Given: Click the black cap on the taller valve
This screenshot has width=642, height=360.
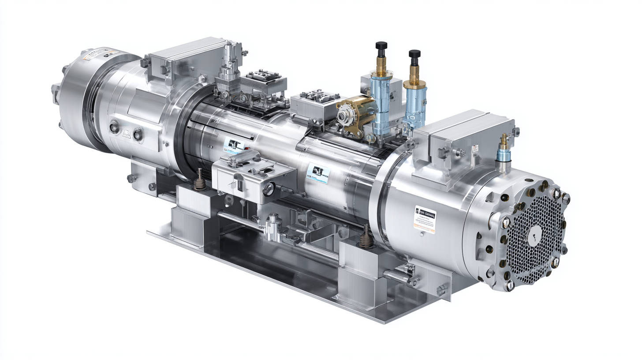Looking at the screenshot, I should tap(381, 45).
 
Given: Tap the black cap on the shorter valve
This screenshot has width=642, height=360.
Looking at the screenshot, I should tap(414, 54).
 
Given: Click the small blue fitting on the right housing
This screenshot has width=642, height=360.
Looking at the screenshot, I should tap(503, 154).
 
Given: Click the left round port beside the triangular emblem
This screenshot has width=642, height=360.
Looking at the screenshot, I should tap(114, 128).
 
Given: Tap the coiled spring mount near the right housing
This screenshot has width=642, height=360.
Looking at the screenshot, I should tap(365, 237).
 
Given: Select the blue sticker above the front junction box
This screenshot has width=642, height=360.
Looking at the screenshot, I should tap(234, 144).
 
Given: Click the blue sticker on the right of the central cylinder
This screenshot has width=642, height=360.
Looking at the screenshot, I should tap(317, 172).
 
